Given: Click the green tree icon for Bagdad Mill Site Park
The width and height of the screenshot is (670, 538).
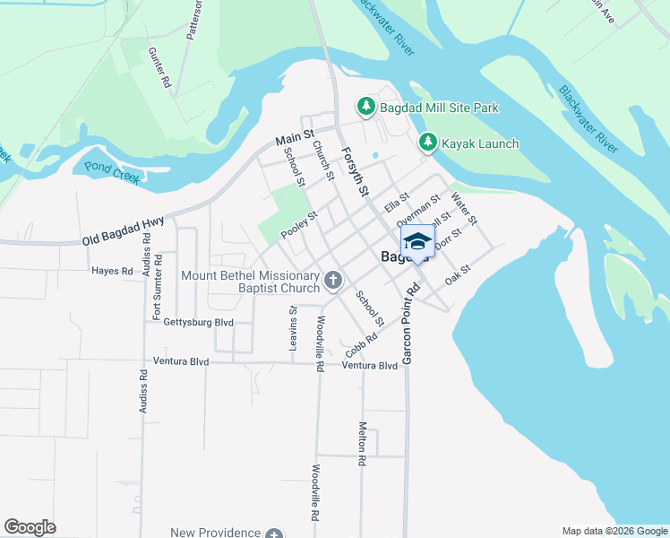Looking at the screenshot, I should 366,108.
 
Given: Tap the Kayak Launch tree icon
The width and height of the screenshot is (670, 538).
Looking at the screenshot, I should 428,143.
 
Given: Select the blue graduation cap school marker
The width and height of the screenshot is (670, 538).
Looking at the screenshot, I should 417,243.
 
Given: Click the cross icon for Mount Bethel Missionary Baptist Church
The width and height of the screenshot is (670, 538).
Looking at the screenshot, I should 333,282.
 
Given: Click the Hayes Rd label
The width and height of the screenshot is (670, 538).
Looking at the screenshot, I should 112,270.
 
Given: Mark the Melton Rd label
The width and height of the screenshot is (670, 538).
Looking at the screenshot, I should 362,443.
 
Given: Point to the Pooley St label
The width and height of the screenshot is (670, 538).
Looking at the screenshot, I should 299,225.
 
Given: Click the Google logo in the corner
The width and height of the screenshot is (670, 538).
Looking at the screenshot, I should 30,527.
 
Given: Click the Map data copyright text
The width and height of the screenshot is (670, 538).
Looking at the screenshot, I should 614,531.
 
